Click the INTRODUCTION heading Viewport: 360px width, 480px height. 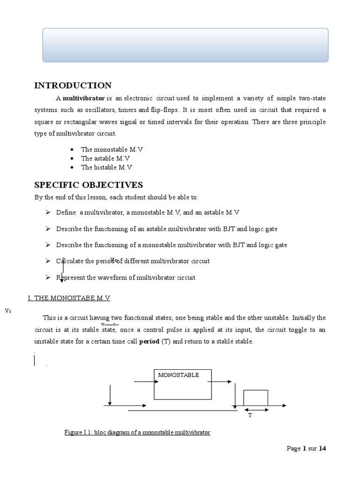point(73,85)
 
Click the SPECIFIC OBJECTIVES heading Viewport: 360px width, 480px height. point(88,185)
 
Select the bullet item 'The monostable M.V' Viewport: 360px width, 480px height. point(112,150)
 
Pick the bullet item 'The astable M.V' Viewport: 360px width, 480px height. point(105,158)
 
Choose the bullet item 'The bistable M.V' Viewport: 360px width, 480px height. point(106,167)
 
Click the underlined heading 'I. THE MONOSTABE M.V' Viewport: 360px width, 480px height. point(69,298)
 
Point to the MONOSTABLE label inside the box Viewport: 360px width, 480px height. point(179,375)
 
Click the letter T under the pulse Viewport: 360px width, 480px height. point(250,415)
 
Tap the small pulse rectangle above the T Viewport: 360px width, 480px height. point(255,397)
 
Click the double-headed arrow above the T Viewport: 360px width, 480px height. point(256,410)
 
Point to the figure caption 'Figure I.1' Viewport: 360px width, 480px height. point(137,432)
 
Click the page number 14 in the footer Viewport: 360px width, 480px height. point(322,449)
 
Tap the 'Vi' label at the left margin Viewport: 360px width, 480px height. point(7,310)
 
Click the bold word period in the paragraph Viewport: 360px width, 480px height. point(150,342)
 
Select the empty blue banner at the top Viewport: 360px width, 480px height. point(185,45)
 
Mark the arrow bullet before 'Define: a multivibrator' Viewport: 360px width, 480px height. point(48,212)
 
